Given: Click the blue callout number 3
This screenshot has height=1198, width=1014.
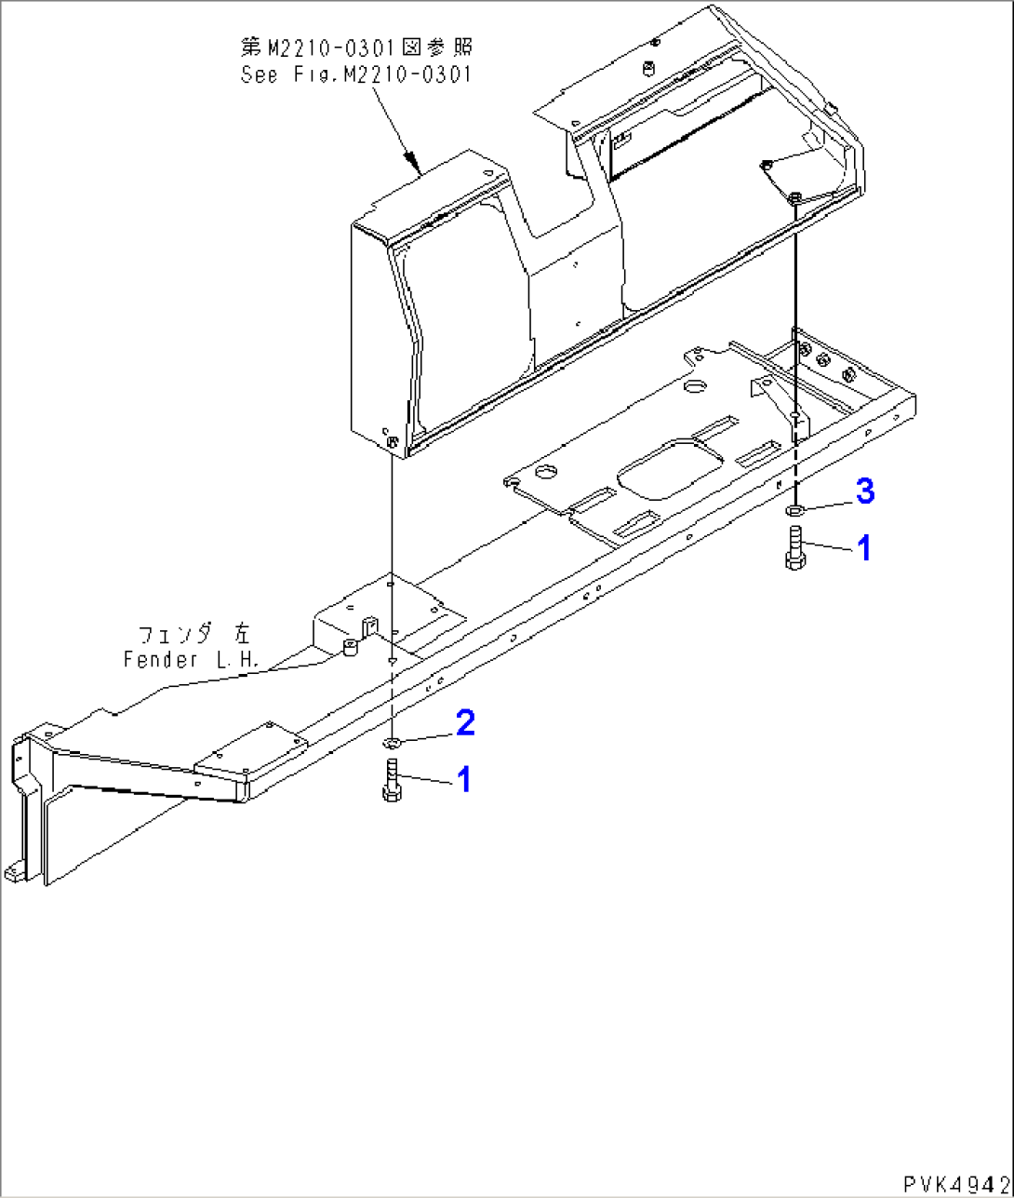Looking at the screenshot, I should click(865, 491).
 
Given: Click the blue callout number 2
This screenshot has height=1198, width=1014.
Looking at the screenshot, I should click(464, 721).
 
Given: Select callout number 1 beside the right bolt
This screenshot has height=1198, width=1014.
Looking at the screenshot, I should click(863, 548).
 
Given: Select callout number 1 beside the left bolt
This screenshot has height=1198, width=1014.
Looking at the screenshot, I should click(462, 779).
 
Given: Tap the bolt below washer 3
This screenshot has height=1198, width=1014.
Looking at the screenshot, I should click(794, 547).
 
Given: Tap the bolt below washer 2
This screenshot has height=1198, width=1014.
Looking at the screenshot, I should click(391, 780).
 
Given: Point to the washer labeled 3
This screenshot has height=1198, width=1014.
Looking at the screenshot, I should click(795, 510).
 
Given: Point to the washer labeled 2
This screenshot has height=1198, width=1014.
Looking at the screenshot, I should click(392, 742).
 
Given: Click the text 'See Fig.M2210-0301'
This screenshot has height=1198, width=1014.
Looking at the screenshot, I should click(355, 74).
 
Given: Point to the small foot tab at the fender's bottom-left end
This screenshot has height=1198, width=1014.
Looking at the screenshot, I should click(14, 872).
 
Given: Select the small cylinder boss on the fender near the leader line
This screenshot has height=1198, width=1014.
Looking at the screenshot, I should click(350, 646).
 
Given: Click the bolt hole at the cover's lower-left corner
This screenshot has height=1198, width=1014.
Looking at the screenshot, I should click(392, 441).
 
